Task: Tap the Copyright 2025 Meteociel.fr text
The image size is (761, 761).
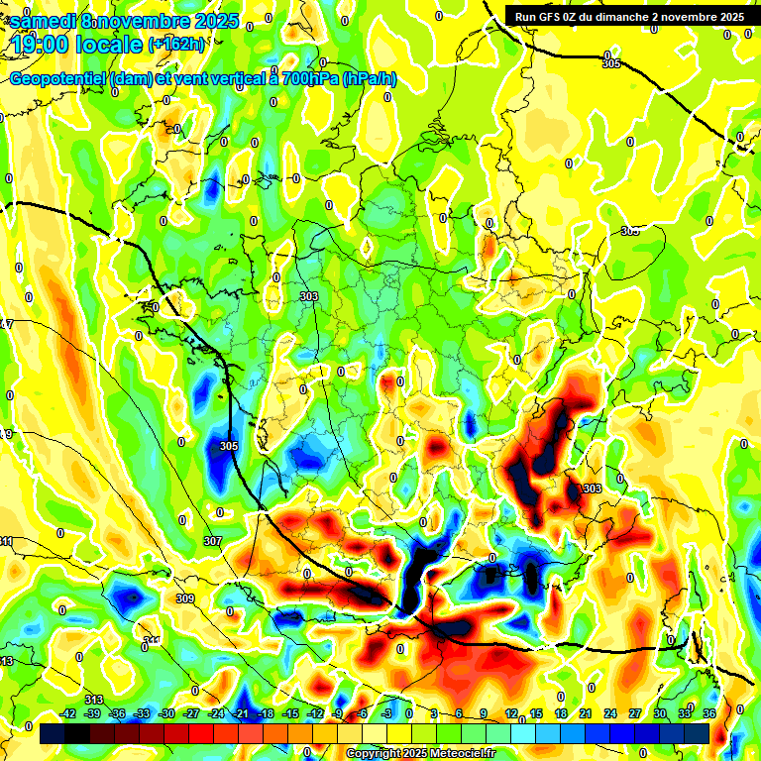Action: [x=421, y=754]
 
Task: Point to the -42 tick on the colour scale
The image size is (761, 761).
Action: [x=68, y=713]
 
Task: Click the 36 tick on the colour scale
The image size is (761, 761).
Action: [x=708, y=713]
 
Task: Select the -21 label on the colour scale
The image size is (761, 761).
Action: [x=241, y=713]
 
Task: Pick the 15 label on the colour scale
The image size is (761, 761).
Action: [x=536, y=713]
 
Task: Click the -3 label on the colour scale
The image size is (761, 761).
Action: [x=387, y=713]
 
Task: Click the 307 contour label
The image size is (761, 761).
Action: [x=212, y=541]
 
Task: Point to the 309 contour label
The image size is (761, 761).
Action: [x=185, y=599]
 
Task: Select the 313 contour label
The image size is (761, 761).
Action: [x=94, y=701]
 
